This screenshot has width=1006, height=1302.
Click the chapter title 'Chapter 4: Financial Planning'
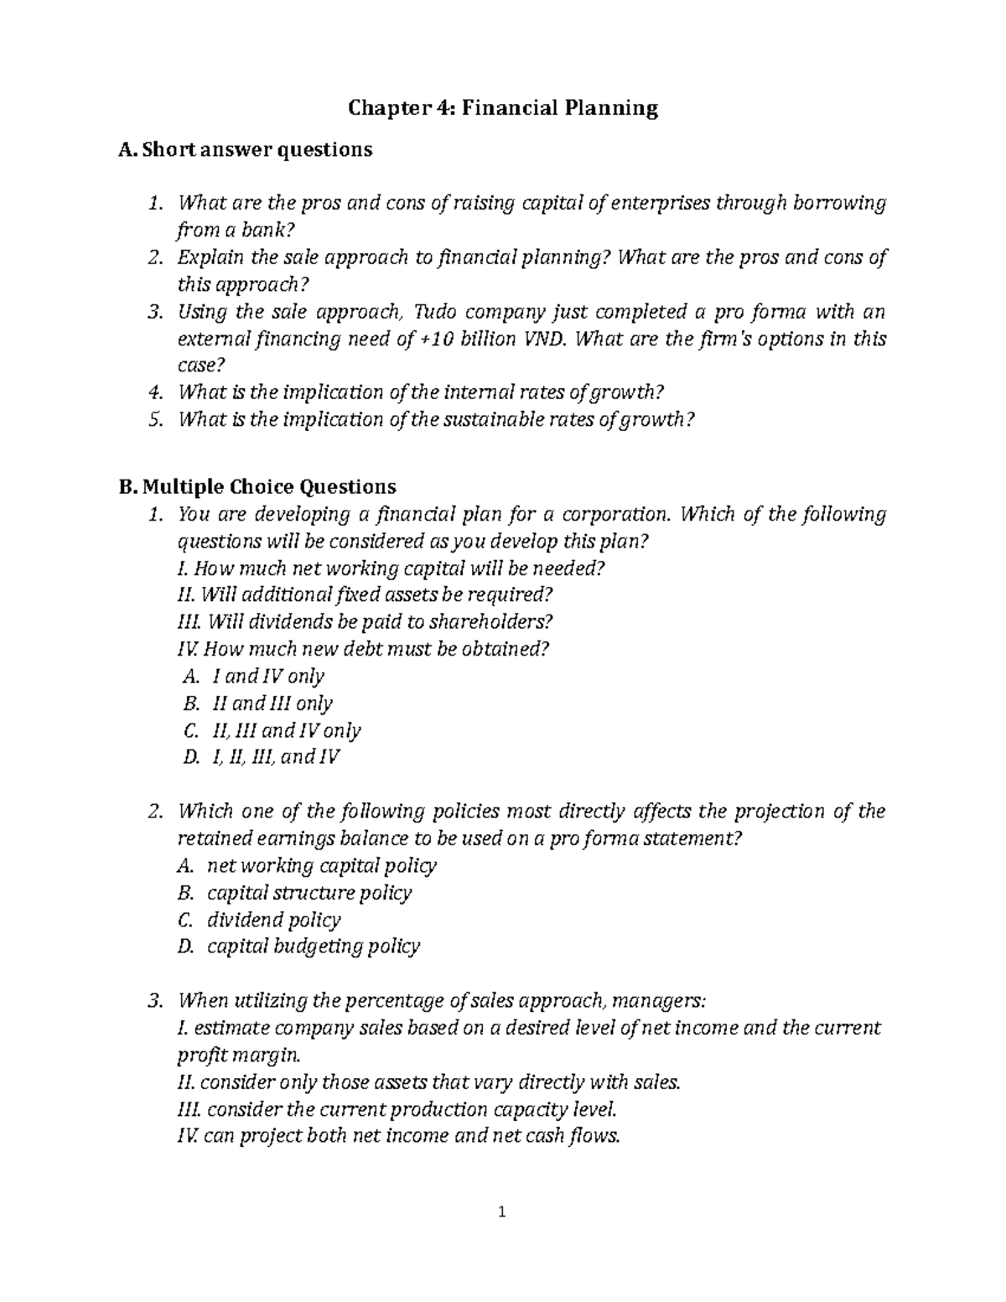[x=503, y=107]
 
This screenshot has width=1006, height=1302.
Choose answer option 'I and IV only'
[x=265, y=676]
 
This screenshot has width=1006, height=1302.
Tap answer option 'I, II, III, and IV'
[x=273, y=757]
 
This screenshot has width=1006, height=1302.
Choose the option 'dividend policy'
[x=273, y=920]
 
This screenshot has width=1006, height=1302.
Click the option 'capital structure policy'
[x=309, y=893]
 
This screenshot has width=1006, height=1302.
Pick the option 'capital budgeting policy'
[x=313, y=947]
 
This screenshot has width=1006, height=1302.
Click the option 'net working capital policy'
[x=322, y=865]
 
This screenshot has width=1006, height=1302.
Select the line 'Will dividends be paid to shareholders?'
[x=366, y=622]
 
